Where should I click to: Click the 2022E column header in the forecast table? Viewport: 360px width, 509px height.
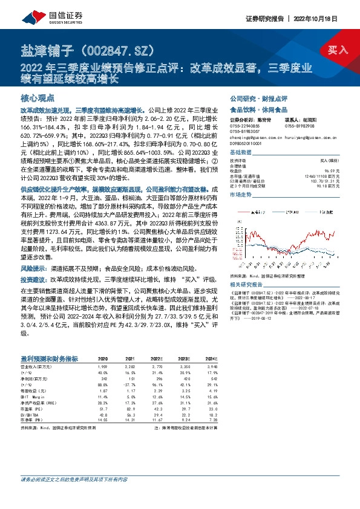coord(157,358)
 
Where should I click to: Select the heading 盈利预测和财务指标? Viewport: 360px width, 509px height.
coord(52,357)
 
